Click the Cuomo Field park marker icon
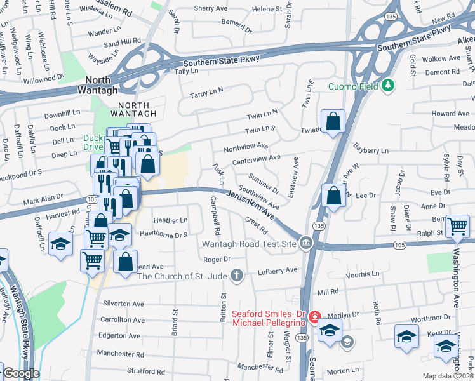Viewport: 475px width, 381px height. click(x=389, y=86)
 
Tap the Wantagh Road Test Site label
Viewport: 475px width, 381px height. click(x=250, y=244)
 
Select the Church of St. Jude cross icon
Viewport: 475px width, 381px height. click(x=236, y=275)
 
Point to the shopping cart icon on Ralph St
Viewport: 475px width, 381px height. click(x=458, y=226)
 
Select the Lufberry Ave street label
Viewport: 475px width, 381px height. click(x=278, y=270)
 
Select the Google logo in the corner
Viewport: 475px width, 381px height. click(x=20, y=373)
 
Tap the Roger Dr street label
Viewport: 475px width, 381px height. click(x=217, y=259)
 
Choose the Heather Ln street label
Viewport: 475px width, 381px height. click(x=171, y=220)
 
